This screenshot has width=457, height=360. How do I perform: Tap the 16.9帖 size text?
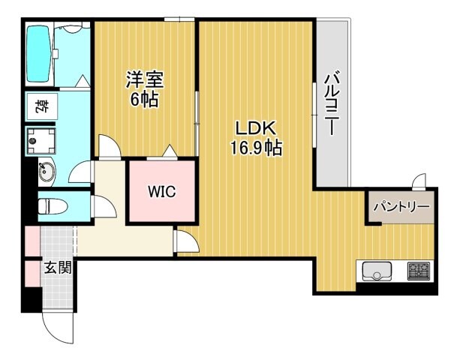click(256, 148)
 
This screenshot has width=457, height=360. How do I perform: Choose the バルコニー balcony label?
click(331, 103)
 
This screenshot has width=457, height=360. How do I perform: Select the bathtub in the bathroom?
click(41, 55)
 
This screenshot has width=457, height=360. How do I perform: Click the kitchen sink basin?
click(377, 271)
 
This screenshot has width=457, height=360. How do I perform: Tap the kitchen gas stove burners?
click(418, 270)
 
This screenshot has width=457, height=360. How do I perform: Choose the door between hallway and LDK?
click(185, 241)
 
